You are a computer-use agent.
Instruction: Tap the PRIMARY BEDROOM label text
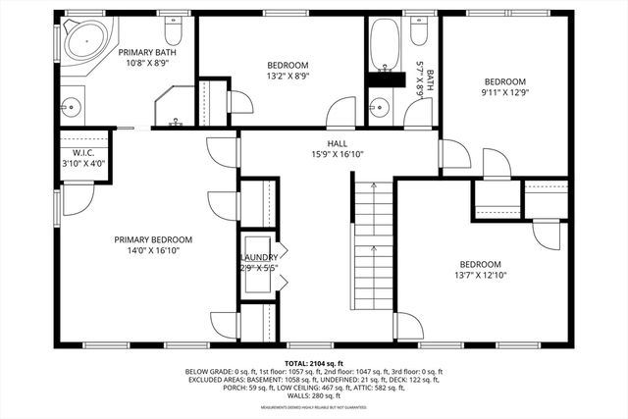point(152,239)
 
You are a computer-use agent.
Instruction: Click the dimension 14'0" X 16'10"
point(152,251)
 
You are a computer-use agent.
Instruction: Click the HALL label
point(338,143)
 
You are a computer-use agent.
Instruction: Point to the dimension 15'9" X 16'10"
point(338,154)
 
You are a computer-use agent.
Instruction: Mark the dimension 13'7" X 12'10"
point(481,276)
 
